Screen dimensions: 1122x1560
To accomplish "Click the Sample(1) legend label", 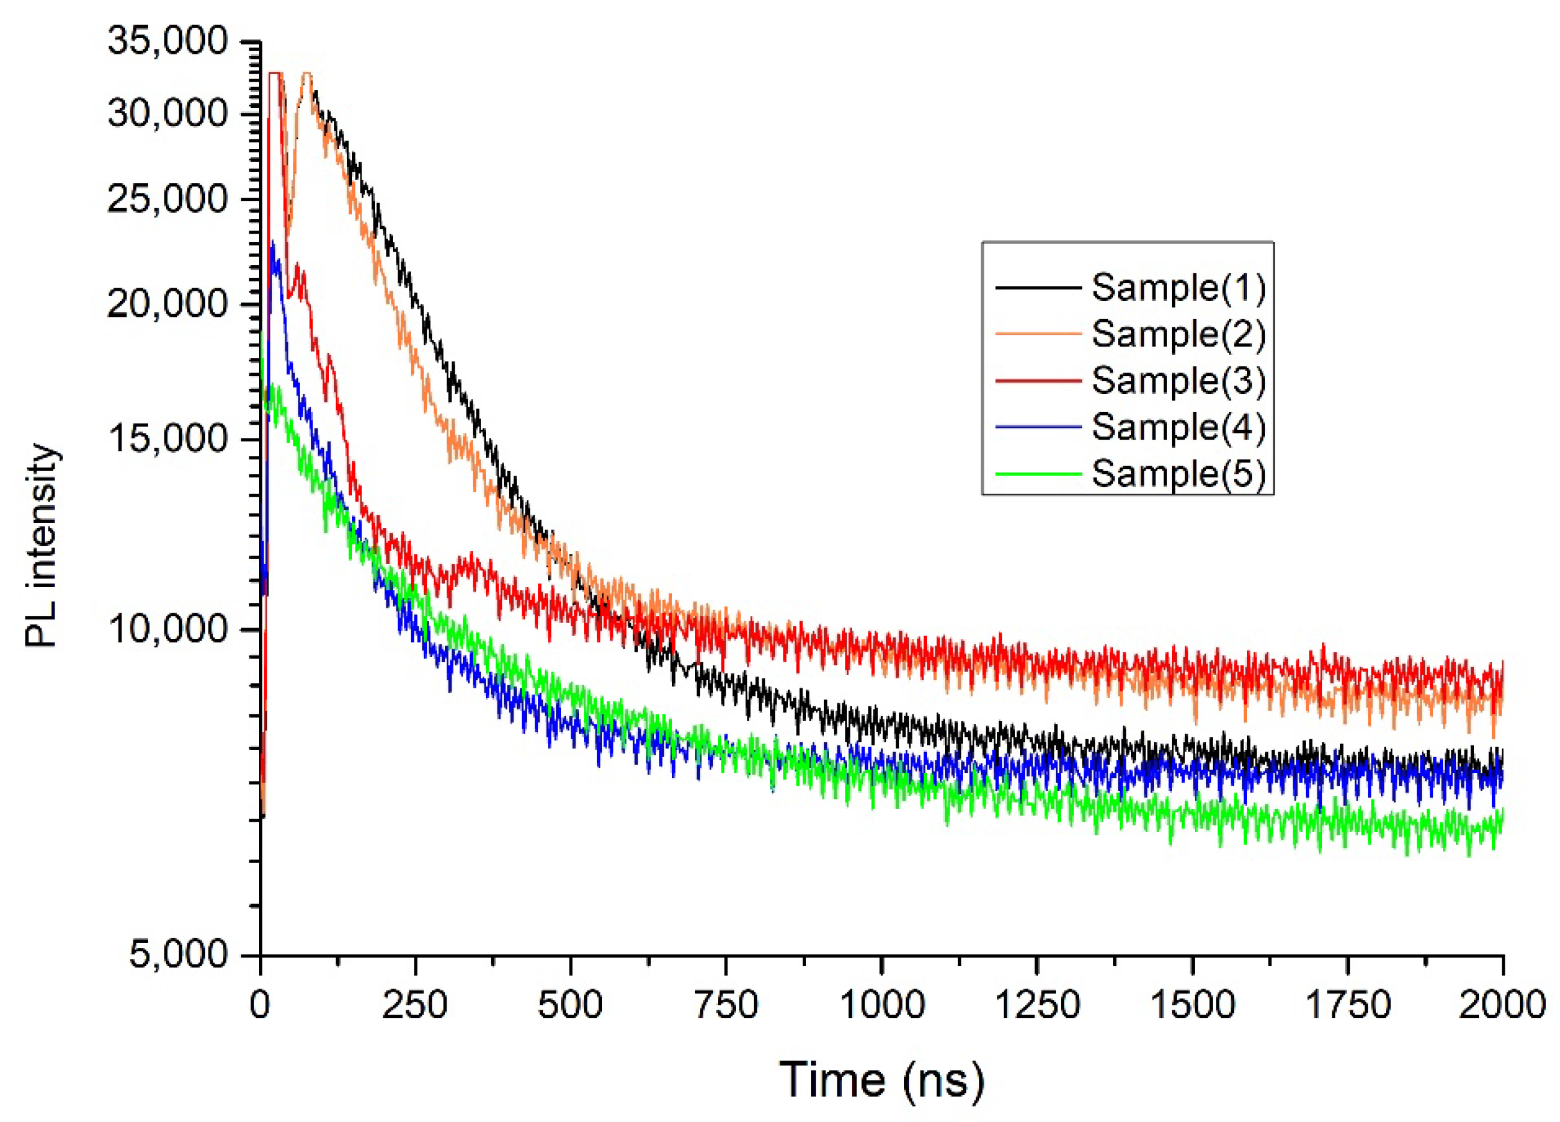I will point(1178,288).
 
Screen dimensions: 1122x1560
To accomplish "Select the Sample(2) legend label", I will point(1178,335).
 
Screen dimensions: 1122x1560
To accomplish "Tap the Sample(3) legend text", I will point(1178,381).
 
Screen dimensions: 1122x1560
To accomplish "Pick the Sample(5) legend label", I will point(1178,474).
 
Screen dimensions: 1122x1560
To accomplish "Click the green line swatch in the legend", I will point(1038,474).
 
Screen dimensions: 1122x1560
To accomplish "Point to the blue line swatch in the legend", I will point(1038,427).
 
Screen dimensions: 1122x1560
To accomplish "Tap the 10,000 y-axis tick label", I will point(167,629).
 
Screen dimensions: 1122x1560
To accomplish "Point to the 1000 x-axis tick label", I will point(882,1005).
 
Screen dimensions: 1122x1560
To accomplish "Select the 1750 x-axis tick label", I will point(1347,1005).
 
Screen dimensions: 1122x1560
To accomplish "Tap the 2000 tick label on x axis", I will point(1502,1005).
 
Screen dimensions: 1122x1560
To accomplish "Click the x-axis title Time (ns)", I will point(881,1080).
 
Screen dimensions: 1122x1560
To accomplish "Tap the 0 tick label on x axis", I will point(260,1005).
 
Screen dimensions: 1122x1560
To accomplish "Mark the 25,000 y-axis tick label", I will point(167,199).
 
